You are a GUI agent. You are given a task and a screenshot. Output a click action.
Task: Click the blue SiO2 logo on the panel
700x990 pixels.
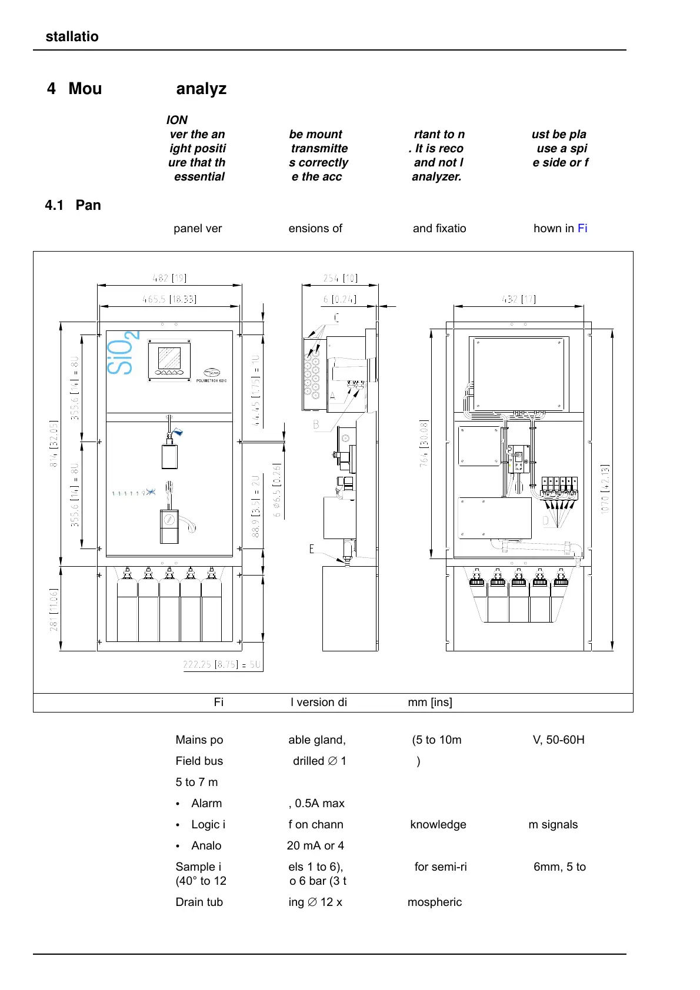coord(123,354)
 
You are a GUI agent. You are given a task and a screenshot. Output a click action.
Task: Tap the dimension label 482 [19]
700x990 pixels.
coord(169,278)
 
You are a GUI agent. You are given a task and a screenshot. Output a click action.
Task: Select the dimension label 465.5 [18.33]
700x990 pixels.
coord(169,299)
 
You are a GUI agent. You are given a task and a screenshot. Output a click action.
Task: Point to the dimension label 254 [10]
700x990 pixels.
coord(340,278)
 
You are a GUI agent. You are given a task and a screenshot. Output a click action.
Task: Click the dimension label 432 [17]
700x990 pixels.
coord(518,299)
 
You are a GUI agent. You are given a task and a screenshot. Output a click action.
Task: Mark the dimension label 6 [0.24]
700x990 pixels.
coord(339,299)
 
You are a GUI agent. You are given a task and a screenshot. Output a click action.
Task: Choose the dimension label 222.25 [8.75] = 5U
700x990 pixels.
coord(222,664)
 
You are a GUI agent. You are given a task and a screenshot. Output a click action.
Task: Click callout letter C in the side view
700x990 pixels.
coord(336,318)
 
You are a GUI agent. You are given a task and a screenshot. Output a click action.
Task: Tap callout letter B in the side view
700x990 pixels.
coord(316,424)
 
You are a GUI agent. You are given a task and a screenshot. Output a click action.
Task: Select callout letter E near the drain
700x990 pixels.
coord(312,549)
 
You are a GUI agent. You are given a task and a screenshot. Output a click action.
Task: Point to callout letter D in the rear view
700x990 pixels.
coord(546,521)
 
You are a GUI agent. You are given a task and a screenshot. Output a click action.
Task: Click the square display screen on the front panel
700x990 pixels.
coord(169,358)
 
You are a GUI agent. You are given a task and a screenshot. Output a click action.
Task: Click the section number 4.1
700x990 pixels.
coord(54,205)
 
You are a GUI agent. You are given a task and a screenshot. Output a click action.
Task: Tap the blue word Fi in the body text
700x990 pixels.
coord(582,228)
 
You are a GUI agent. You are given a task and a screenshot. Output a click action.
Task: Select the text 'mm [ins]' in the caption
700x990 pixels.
coord(430,702)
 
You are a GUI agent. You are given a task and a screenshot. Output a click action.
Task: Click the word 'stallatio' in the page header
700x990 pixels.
coord(72,36)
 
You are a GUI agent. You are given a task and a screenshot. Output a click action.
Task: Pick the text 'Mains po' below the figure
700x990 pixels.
coord(199,740)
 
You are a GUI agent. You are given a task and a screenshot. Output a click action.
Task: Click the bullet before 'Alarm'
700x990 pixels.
coord(178,804)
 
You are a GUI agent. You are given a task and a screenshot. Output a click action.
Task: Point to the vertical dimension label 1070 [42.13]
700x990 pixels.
coord(605,489)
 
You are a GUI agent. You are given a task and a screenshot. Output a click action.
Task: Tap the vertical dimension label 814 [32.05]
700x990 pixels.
coord(54,444)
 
